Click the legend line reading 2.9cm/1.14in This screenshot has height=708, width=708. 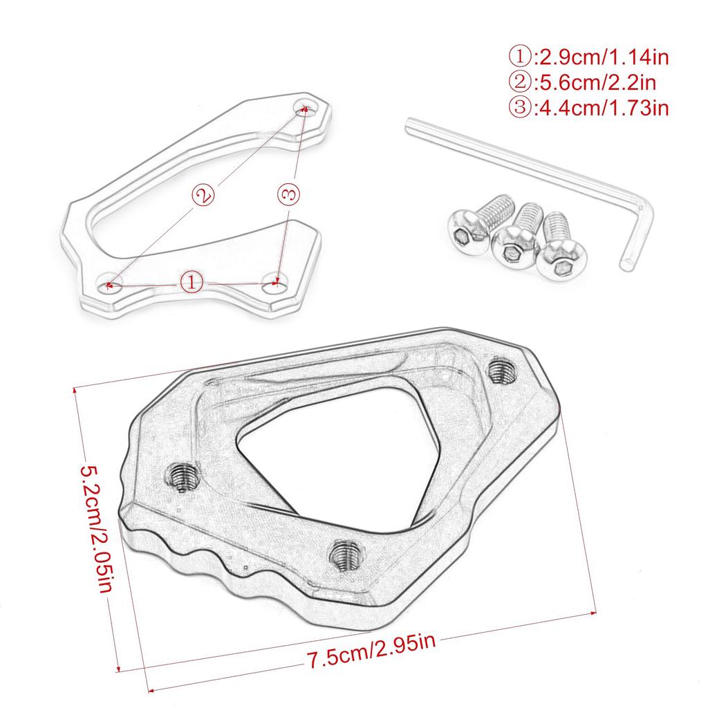click(x=590, y=57)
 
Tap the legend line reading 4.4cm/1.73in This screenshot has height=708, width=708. click(x=590, y=108)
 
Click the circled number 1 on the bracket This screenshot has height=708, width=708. click(x=192, y=282)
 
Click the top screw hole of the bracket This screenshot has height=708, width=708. click(x=304, y=107)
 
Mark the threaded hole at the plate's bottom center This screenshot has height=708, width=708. click(x=344, y=553)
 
